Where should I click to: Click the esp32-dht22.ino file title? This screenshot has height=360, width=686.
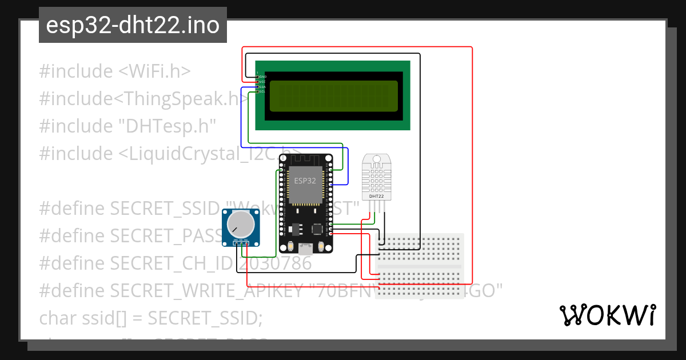[x=133, y=26]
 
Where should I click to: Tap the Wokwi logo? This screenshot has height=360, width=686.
[x=607, y=315]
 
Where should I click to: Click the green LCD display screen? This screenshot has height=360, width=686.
[x=333, y=95]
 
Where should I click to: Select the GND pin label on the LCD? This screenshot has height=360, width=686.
[x=262, y=77]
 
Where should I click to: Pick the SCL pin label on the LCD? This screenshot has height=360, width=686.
[x=262, y=91]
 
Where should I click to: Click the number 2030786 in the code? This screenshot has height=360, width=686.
[x=275, y=263]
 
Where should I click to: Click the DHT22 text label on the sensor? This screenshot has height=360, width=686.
[x=377, y=197]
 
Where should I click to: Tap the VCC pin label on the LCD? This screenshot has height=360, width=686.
[x=262, y=82]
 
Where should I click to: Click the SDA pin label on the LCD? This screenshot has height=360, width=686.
[x=262, y=87]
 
